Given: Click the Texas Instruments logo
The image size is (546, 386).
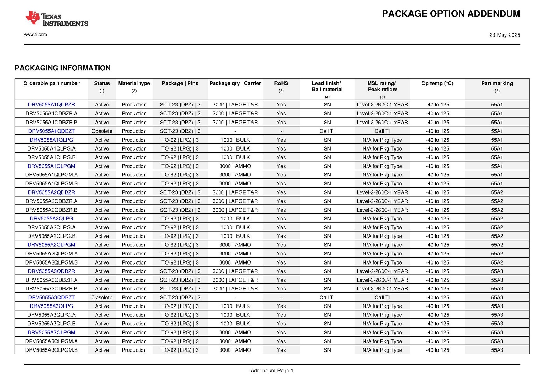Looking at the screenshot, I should pos(57,18).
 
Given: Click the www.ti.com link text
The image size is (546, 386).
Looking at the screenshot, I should pos(35,34).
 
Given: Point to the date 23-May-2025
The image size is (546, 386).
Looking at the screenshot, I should pos(504,35).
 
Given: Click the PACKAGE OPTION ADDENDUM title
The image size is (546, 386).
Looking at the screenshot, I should pos(451,14).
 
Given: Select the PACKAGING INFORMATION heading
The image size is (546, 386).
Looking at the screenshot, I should pos(62,68).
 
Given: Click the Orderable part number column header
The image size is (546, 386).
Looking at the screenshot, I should pos(51,83).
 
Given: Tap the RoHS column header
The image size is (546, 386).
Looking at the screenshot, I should pos(281,83).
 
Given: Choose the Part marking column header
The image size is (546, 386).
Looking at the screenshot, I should pos(497,83).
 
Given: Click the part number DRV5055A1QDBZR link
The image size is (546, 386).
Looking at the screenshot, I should pos(51,105).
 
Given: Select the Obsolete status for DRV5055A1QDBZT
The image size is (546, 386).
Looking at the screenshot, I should pos(102,131).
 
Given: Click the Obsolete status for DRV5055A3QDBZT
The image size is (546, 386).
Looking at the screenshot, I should pos(102,297).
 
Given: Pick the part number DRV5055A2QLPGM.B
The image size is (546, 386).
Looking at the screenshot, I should pos(51,262).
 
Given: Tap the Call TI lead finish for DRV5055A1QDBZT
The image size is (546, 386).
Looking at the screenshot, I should pos(327,131).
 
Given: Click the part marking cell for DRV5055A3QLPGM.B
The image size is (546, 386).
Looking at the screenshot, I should pos(497,350).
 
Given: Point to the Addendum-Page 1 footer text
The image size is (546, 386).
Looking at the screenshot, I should pos(272,371).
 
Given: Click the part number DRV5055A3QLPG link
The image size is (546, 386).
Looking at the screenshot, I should pos(51,306).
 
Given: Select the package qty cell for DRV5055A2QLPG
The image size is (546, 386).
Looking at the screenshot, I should pos(235,218).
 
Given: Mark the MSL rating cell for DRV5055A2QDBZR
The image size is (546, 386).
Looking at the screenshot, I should pos(382,192).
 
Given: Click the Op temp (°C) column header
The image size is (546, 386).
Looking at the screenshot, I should pos(437,83).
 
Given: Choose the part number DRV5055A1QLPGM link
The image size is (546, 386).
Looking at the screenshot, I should pos(51,166).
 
